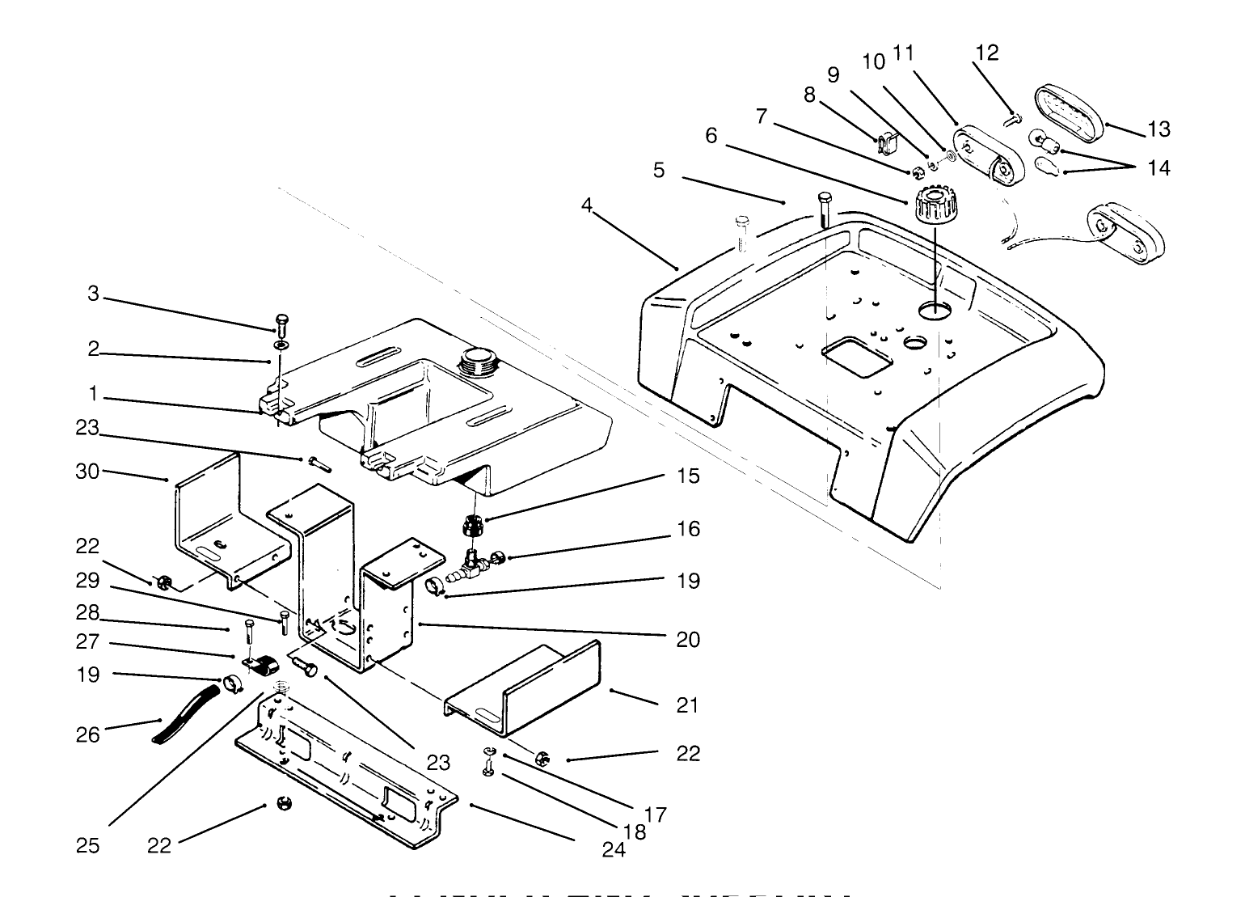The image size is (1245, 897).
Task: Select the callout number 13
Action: tap(1158, 129)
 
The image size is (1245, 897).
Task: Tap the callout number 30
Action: tap(87, 471)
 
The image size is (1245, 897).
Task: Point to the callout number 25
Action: tap(88, 845)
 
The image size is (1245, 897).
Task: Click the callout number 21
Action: tap(687, 705)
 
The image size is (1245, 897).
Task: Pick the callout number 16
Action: tap(688, 529)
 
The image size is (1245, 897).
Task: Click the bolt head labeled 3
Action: tap(281, 322)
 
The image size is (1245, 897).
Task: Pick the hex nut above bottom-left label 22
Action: tap(284, 804)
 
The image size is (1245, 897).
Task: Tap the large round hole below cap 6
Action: tap(935, 310)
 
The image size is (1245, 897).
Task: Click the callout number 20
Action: tap(688, 640)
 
